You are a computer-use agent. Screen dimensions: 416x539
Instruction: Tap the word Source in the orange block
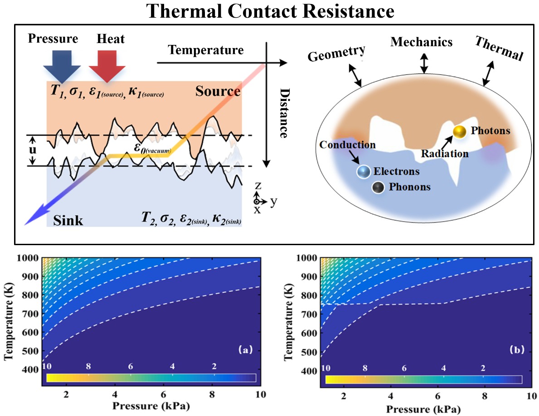click(218, 92)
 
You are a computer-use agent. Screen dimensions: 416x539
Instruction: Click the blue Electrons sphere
click(363, 172)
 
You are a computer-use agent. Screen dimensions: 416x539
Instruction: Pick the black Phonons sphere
click(378, 187)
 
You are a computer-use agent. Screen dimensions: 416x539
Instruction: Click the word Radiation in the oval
click(444, 154)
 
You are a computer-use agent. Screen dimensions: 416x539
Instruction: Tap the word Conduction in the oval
click(348, 145)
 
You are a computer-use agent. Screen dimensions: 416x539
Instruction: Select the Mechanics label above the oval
click(422, 42)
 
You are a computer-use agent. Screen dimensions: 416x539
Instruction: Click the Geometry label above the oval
click(336, 50)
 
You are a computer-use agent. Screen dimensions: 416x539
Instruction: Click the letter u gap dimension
click(33, 150)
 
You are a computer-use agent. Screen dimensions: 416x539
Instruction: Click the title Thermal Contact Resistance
click(269, 11)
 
